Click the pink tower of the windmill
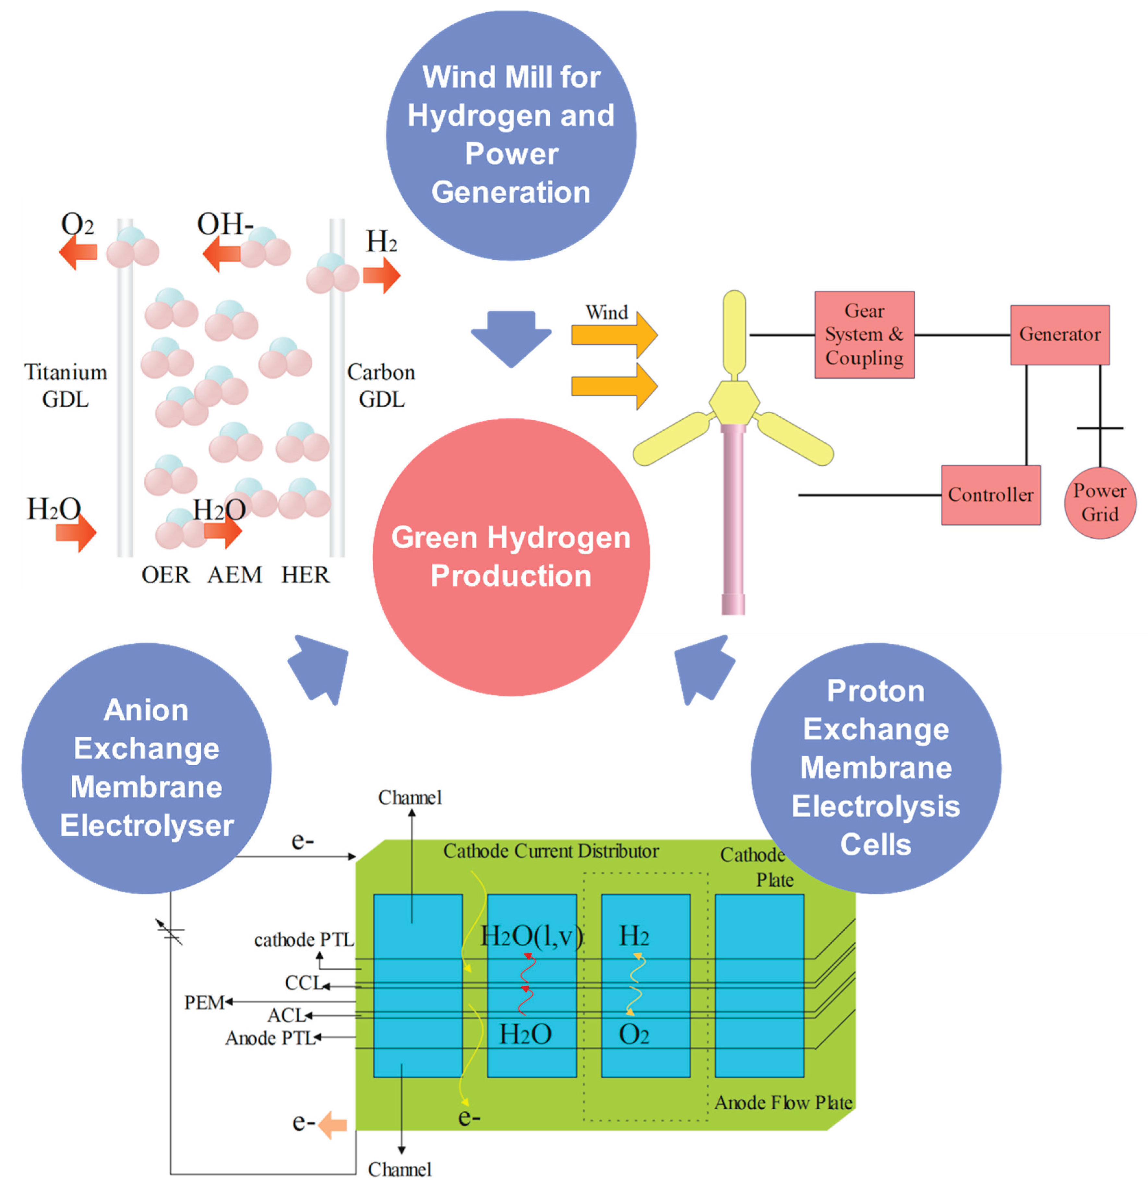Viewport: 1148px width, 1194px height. click(733, 518)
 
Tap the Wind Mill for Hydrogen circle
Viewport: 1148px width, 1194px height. click(511, 135)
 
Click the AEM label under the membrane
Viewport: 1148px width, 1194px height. click(234, 574)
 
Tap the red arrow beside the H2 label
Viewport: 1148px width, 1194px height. click(381, 275)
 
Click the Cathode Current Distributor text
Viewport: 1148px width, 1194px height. click(550, 851)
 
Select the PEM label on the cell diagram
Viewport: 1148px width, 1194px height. click(204, 1002)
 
